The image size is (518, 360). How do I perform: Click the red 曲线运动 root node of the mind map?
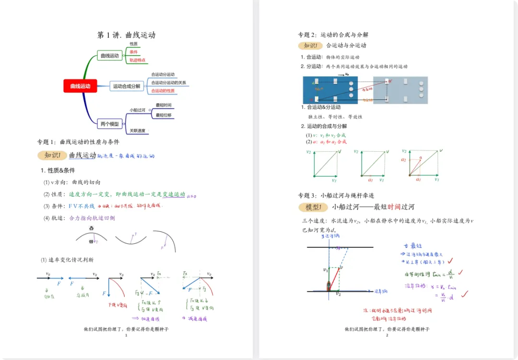click(x=80, y=86)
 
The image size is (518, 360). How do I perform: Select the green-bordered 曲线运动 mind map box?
click(x=109, y=56)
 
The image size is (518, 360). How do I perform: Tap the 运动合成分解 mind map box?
click(x=127, y=86)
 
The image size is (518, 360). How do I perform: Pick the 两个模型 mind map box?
click(x=109, y=124)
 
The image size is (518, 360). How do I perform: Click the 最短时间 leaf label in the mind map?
click(x=164, y=105)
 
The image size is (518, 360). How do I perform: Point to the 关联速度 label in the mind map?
click(x=138, y=131)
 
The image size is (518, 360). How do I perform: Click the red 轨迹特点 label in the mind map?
click(x=138, y=60)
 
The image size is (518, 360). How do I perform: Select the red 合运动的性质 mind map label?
click(x=163, y=91)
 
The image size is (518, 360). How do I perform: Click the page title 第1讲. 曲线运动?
click(x=126, y=35)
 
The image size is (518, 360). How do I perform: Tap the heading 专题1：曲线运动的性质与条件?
click(x=78, y=142)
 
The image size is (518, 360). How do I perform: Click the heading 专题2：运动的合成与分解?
click(x=333, y=35)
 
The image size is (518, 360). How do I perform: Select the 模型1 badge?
click(x=312, y=207)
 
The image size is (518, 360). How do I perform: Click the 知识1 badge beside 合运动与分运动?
click(x=310, y=46)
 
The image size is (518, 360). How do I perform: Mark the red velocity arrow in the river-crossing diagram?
click(x=334, y=278)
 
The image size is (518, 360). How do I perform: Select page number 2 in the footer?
click(x=387, y=335)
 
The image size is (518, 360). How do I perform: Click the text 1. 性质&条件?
click(x=58, y=170)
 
